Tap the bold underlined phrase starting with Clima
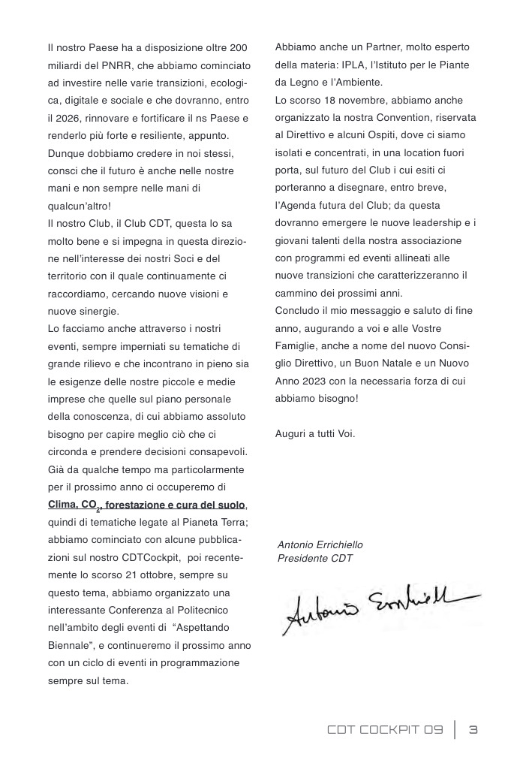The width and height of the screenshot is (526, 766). [147, 504]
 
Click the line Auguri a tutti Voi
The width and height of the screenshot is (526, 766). [315, 434]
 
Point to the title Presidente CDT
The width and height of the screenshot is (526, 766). [314, 558]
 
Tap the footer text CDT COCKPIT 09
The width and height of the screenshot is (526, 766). [386, 730]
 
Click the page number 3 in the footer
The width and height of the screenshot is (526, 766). [473, 730]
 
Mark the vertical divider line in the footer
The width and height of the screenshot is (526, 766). [455, 730]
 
